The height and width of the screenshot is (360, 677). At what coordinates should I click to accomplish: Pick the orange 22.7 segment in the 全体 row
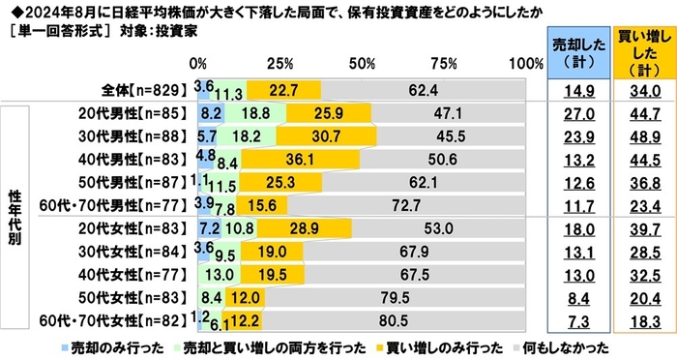pyautogui.click(x=283, y=89)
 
